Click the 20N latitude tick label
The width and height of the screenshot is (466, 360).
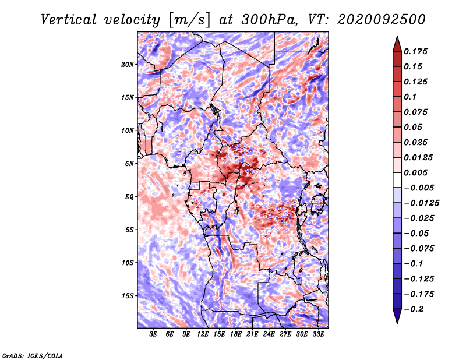[128, 65]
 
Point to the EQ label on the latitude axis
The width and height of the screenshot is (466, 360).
[129, 197]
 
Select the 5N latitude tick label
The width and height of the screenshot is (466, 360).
[129, 164]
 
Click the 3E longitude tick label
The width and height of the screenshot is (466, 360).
[153, 334]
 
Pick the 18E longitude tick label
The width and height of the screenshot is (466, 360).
[236, 334]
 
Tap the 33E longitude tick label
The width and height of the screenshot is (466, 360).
[318, 334]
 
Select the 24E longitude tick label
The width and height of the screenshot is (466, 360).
[269, 334]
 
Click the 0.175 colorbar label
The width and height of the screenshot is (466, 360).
[415, 51]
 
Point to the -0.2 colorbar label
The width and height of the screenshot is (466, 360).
[414, 309]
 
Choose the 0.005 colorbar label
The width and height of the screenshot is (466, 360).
[415, 172]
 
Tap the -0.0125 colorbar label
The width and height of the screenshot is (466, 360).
[421, 203]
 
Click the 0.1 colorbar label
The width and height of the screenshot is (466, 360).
[410, 97]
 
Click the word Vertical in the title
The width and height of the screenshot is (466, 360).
[69, 20]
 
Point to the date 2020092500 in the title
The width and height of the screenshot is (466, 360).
[382, 20]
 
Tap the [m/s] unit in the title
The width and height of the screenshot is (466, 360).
[189, 20]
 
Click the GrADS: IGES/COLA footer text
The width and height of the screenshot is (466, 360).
[33, 355]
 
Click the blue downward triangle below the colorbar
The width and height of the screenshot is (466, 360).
[397, 316]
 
